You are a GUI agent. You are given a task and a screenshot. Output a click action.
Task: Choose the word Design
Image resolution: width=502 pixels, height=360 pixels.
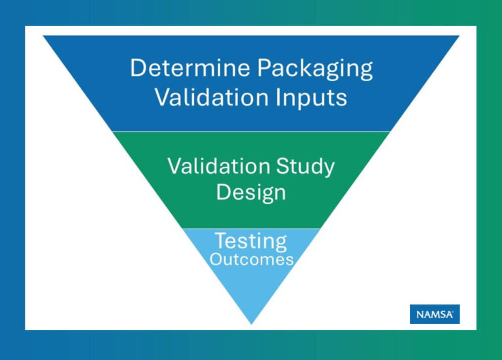click(251, 192)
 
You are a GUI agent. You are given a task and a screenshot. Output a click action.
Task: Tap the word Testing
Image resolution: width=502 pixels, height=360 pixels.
click(251, 242)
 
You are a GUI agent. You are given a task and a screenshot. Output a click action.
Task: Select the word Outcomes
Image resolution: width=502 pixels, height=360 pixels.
click(251, 259)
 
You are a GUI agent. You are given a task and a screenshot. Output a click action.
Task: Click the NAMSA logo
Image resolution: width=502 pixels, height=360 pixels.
click(434, 314)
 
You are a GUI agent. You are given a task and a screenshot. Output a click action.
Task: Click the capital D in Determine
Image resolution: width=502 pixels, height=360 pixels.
click(137, 68)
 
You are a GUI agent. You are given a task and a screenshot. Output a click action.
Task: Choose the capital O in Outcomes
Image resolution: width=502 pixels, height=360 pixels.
click(214, 259)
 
